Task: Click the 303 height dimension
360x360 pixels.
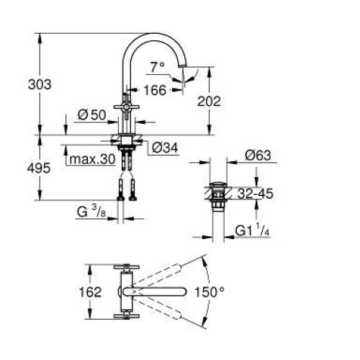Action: tap(40, 84)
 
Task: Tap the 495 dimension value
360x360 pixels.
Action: tap(39, 168)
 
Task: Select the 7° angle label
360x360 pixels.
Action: tap(158, 67)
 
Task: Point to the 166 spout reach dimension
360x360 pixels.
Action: tap(155, 90)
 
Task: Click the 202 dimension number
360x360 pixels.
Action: tap(209, 102)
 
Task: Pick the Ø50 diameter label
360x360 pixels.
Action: tap(91, 115)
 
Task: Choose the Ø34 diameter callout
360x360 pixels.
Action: tap(166, 148)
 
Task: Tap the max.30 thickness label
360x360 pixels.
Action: tap(93, 159)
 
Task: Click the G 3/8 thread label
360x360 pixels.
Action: tap(91, 212)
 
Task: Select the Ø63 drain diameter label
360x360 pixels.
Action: tap(258, 156)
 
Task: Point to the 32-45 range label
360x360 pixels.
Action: tap(256, 194)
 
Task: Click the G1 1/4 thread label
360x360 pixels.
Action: tap(253, 230)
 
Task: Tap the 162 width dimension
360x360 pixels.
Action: tap(90, 292)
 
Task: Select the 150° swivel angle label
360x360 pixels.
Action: tap(210, 292)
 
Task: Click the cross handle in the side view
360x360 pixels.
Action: tap(126, 107)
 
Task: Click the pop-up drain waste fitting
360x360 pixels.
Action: tap(218, 197)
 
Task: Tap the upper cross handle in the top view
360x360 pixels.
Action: tap(127, 267)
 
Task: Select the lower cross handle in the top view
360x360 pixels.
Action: tap(127, 316)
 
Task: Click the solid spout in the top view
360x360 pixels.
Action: tap(155, 292)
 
